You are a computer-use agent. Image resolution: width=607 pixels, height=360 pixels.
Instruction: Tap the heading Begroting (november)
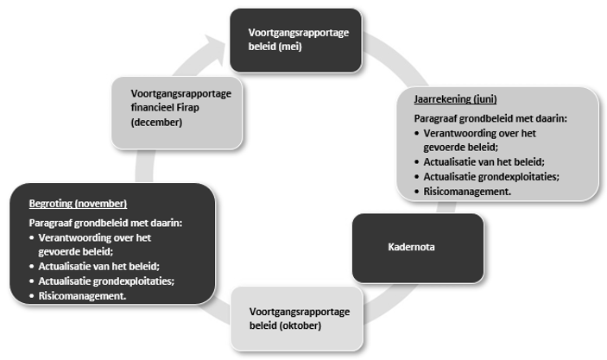point(77,203)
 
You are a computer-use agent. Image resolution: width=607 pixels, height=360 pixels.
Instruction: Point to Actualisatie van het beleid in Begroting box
point(94,265)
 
